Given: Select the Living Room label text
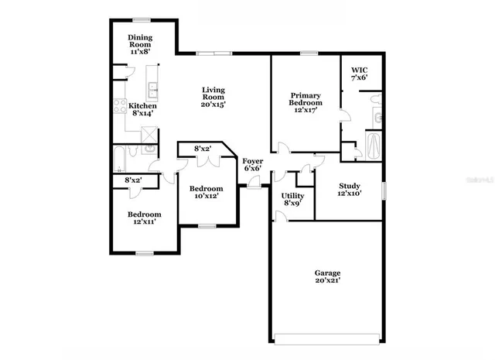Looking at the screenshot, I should coord(213,97).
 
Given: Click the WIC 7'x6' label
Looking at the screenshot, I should coord(359,73).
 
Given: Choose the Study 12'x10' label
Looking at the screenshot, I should coord(348,190).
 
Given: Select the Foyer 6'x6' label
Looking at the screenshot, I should coord(252,165).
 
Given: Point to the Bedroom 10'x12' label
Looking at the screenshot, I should coord(207,192).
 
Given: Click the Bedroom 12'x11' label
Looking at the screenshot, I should coord(145,218).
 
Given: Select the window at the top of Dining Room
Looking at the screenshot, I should coord(141,19).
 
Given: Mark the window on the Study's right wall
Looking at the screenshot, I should coord(384,190).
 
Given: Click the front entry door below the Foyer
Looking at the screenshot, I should coord(253,183).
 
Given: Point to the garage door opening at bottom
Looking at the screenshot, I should coord(327,339).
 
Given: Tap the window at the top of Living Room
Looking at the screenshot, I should coord(212,53).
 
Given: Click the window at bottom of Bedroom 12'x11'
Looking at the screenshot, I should coord(144,252).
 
